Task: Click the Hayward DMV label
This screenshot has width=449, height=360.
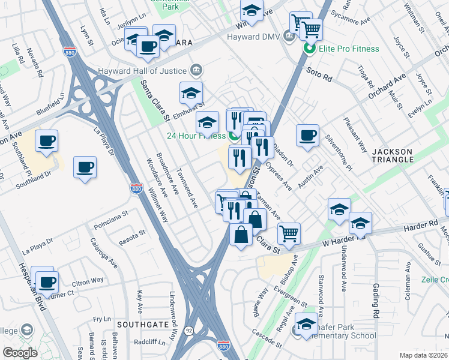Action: click(x=255, y=37)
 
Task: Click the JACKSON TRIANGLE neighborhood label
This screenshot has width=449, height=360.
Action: click(x=393, y=155)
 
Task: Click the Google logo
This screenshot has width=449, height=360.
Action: click(x=20, y=353)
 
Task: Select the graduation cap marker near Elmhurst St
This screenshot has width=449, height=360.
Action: click(x=191, y=93)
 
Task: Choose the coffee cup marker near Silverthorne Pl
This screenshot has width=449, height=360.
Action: click(x=307, y=135)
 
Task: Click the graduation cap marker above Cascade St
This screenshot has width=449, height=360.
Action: click(x=306, y=325)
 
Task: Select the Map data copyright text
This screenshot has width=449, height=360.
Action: click(x=423, y=355)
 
